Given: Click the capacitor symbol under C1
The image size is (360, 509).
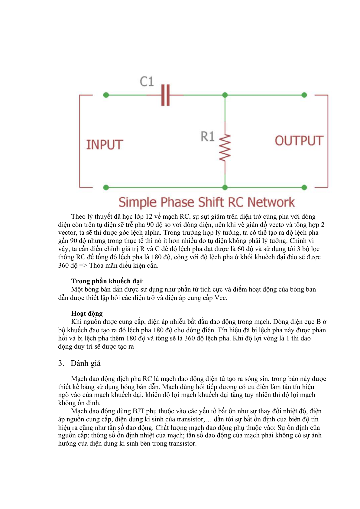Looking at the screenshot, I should pyautogui.click(x=165, y=95).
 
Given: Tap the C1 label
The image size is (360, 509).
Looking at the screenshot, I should pyautogui.click(x=147, y=82).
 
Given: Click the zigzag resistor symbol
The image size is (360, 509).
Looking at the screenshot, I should pyautogui.click(x=225, y=147).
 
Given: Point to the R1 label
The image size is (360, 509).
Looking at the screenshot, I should pyautogui.click(x=208, y=137).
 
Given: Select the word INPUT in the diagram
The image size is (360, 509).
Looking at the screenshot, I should pyautogui.click(x=105, y=145).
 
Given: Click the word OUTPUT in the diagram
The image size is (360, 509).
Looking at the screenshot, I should pyautogui.click(x=299, y=141).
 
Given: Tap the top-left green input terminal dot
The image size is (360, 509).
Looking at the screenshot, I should pyautogui.click(x=106, y=95).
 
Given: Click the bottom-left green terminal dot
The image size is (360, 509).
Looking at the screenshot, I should pyautogui.click(x=106, y=188).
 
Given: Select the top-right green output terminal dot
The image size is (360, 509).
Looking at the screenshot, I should pyautogui.click(x=304, y=95).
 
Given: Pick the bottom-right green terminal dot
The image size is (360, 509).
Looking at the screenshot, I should pyautogui.click(x=304, y=188).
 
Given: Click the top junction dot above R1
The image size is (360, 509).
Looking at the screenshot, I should pyautogui.click(x=225, y=95).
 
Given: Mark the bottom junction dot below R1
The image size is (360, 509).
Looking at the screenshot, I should pyautogui.click(x=225, y=188).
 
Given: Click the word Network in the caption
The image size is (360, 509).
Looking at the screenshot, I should pyautogui.click(x=271, y=202).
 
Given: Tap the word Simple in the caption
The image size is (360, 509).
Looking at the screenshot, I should pyautogui.click(x=138, y=202).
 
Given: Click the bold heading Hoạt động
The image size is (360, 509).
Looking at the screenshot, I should pyautogui.click(x=87, y=314).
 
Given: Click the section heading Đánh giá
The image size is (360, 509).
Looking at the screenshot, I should pyautogui.click(x=86, y=363).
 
